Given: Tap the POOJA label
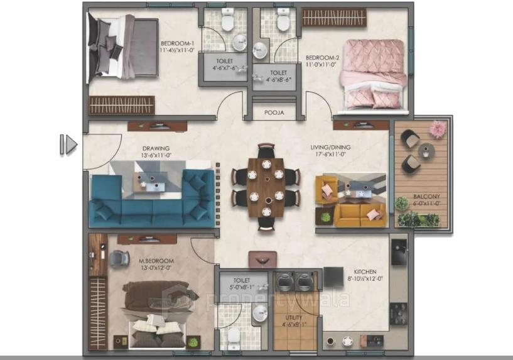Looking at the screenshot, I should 274,113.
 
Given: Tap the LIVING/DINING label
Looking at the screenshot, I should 330,148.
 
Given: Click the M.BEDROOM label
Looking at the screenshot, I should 156,260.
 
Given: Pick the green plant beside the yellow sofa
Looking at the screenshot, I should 326,216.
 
